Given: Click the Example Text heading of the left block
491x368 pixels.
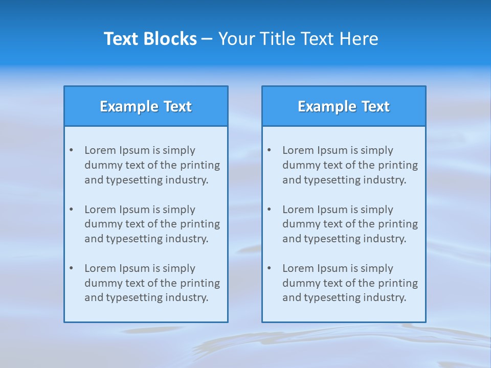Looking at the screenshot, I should coord(146,106).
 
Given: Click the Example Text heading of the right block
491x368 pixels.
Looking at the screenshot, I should coord(344,106).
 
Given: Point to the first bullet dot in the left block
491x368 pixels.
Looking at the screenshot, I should coord(72,150).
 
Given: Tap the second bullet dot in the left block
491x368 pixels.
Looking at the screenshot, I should coord(72,210).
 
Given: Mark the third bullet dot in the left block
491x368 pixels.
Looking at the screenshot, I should coord(72,268).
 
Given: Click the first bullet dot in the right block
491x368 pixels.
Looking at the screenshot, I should coord(270,150).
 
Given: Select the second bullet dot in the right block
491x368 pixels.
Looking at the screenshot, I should coord(270,210).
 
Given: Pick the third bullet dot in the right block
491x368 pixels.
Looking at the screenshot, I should coord(270,268).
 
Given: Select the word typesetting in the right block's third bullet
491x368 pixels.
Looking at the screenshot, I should coord(336,298).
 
